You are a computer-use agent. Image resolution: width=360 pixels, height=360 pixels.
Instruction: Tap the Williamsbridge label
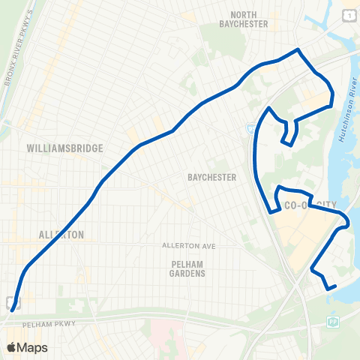pyautogui.click(x=64, y=148)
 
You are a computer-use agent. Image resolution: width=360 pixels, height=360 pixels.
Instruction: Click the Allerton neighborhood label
pyautogui.click(x=61, y=235)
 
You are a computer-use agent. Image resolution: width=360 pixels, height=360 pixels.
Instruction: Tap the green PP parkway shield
pyautogui.click(x=332, y=322)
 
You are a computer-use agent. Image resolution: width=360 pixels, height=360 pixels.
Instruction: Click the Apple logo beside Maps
pyautogui.click(x=11, y=347)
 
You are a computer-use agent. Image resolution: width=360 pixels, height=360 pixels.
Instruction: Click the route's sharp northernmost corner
pyautogui.click(x=298, y=50)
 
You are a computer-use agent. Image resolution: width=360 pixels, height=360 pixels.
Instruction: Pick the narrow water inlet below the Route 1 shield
pyautogui.click(x=330, y=30)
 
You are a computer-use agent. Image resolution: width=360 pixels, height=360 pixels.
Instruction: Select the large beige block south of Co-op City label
pyautogui.click(x=300, y=240)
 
